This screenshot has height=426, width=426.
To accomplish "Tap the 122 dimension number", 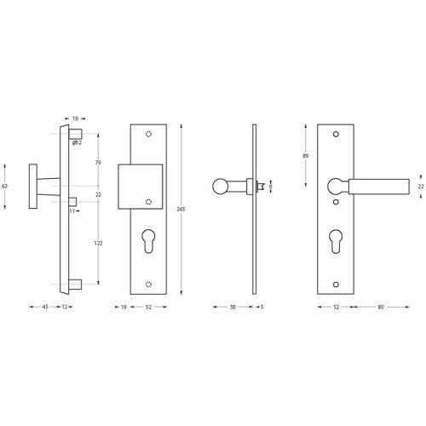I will [x=99, y=243].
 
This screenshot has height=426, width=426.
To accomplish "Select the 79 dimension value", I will [x=99, y=163].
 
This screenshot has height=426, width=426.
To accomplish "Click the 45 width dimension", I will [x=44, y=306].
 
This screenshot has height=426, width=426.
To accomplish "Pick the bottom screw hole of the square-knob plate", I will [x=150, y=282].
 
